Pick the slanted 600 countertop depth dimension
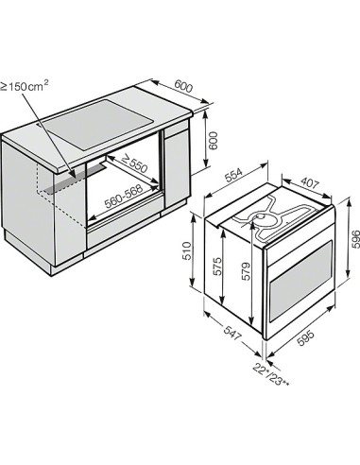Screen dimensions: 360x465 [185, 86]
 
